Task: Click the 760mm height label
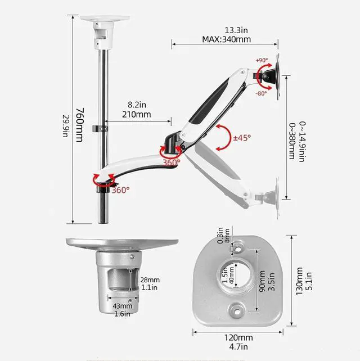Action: tap(80, 125)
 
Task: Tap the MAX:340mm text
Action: tap(227, 39)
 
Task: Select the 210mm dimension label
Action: tap(136, 114)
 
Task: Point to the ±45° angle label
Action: tap(242, 138)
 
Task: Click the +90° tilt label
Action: tap(262, 60)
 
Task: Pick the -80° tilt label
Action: tap(261, 93)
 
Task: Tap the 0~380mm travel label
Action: tap(292, 141)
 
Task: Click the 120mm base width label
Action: tap(238, 338)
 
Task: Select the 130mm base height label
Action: tap(299, 281)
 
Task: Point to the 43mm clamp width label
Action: tap(122, 306)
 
